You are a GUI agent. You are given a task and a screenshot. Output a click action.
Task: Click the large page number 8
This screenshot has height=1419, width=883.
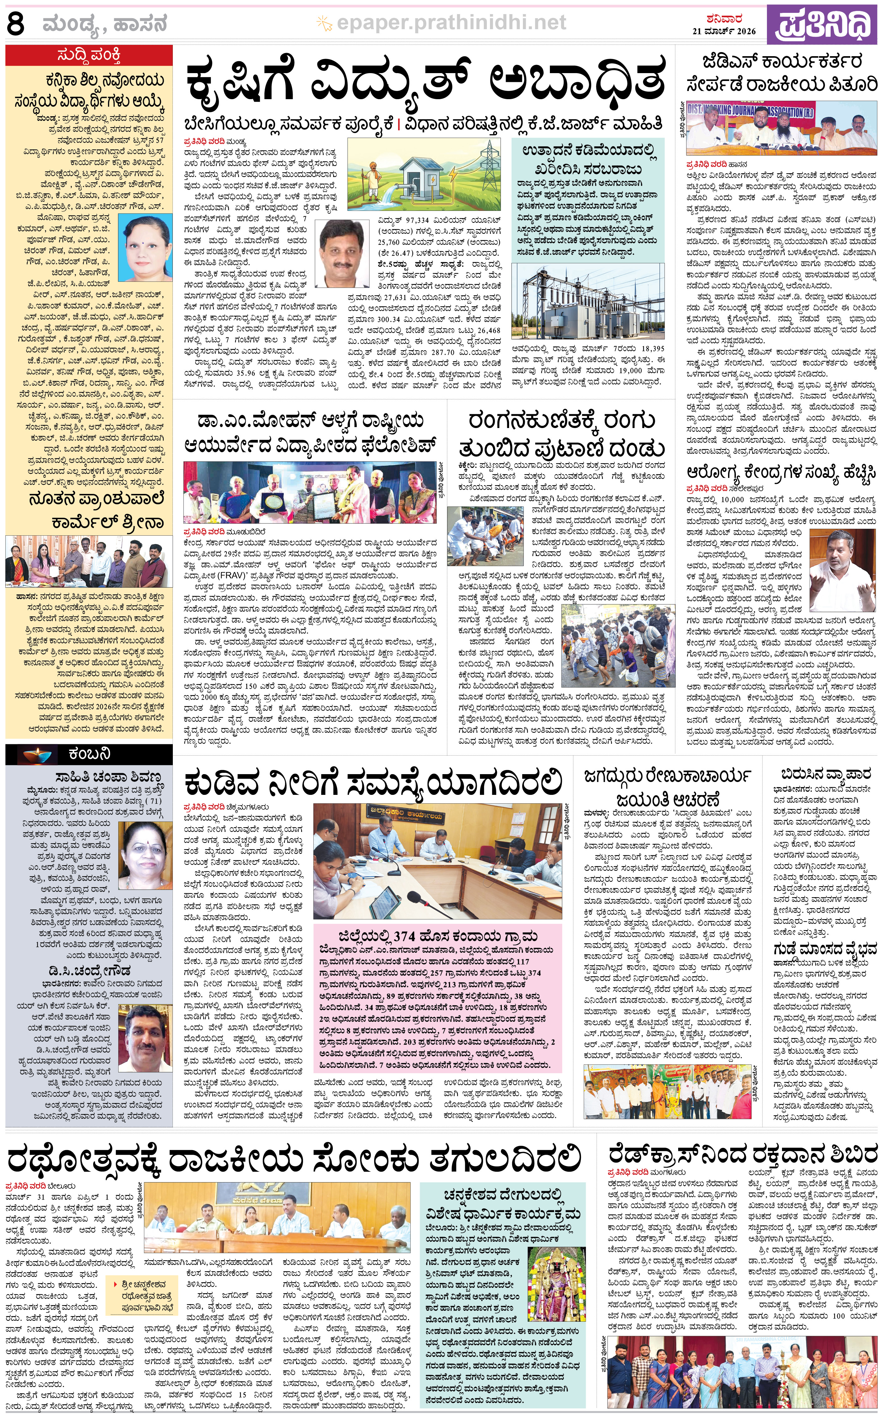(16, 24)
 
